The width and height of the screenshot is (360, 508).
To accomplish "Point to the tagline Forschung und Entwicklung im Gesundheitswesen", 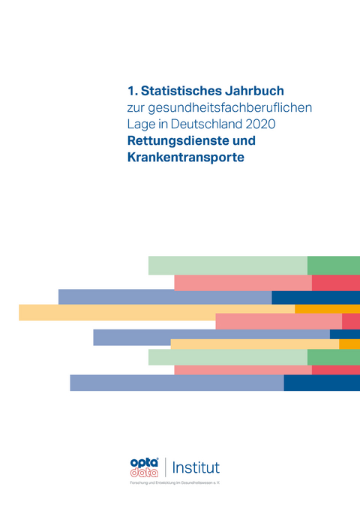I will tap(175, 484).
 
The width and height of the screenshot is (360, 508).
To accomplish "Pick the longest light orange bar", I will tap(157, 312).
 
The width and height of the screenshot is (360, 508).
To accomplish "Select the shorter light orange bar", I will tap(254, 344).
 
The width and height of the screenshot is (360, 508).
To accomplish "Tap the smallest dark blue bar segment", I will tap(344, 334).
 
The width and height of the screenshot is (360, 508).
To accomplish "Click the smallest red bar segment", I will tap(351, 321).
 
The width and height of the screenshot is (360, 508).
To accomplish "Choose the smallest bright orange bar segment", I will tap(349, 344).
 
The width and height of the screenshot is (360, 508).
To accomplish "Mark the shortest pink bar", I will tap(278, 321).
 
